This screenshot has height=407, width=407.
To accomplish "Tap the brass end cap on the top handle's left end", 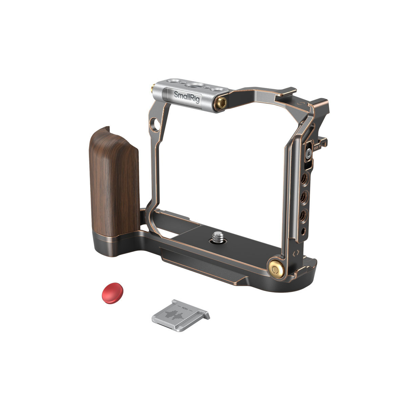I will pyautogui.click(x=153, y=90).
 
